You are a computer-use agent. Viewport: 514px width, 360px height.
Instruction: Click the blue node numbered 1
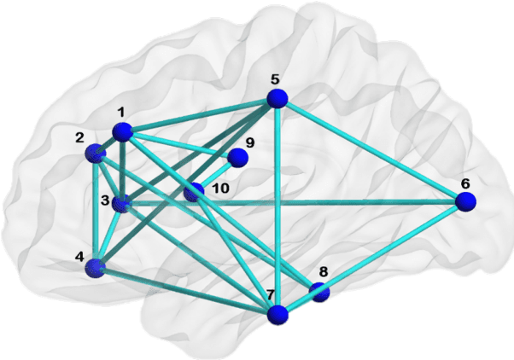click(x=125, y=131)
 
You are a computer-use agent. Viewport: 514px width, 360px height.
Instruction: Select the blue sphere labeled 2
click(x=95, y=154)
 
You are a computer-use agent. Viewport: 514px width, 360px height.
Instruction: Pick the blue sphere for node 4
click(x=95, y=268)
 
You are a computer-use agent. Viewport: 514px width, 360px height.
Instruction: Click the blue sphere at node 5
click(x=277, y=98)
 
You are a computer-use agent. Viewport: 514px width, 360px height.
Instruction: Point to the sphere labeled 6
click(x=465, y=201)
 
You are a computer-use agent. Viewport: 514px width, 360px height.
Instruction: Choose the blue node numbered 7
click(x=277, y=315)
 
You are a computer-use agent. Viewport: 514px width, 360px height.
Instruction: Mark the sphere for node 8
click(x=320, y=293)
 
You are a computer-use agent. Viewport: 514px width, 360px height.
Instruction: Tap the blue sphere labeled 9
click(x=238, y=158)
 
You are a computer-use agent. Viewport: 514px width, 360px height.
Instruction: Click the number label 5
click(x=275, y=79)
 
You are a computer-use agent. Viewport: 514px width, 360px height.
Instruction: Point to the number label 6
click(x=465, y=183)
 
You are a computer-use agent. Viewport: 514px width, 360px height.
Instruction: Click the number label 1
click(x=121, y=112)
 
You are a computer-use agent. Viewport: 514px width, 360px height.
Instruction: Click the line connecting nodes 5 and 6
click(x=371, y=150)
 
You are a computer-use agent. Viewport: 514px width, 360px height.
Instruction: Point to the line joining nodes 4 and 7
click(x=186, y=291)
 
